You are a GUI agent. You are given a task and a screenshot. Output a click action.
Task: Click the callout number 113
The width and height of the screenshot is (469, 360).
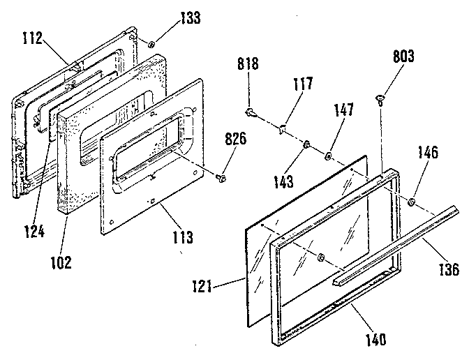[182, 237]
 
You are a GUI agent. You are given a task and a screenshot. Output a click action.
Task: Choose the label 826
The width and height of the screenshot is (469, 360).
[234, 139]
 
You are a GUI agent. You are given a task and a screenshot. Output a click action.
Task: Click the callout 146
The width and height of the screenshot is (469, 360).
[427, 152]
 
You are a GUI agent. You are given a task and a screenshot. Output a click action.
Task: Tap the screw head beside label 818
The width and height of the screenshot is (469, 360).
[250, 112]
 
